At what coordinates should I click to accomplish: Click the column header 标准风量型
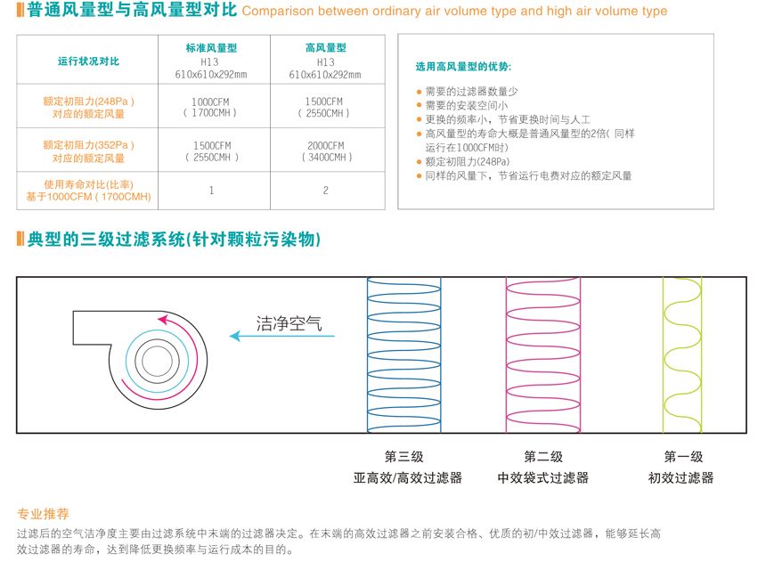click(x=211, y=48)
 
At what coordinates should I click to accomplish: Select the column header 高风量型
click(x=326, y=48)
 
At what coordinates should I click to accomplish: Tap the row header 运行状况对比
click(x=88, y=61)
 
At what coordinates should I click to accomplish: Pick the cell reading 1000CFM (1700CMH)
click(x=210, y=107)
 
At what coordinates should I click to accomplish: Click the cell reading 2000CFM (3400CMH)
click(x=326, y=151)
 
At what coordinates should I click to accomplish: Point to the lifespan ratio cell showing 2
click(x=326, y=191)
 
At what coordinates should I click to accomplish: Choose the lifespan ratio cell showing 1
click(x=211, y=191)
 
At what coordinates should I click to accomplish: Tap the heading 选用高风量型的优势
click(x=463, y=67)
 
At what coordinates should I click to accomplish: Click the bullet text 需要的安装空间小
click(x=467, y=105)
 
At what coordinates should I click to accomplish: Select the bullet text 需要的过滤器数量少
click(x=471, y=92)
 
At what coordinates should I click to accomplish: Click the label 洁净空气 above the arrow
click(x=289, y=323)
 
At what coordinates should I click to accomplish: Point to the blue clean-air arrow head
click(x=235, y=336)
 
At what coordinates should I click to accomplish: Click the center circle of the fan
click(x=158, y=362)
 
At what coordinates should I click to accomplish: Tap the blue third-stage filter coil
click(x=404, y=355)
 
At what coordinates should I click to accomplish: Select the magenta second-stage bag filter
click(x=543, y=355)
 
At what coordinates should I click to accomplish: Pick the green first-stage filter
click(x=682, y=355)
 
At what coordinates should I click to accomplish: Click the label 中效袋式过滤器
click(x=542, y=477)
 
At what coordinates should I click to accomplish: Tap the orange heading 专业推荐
click(x=43, y=514)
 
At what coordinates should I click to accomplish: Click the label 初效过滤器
click(x=681, y=477)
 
